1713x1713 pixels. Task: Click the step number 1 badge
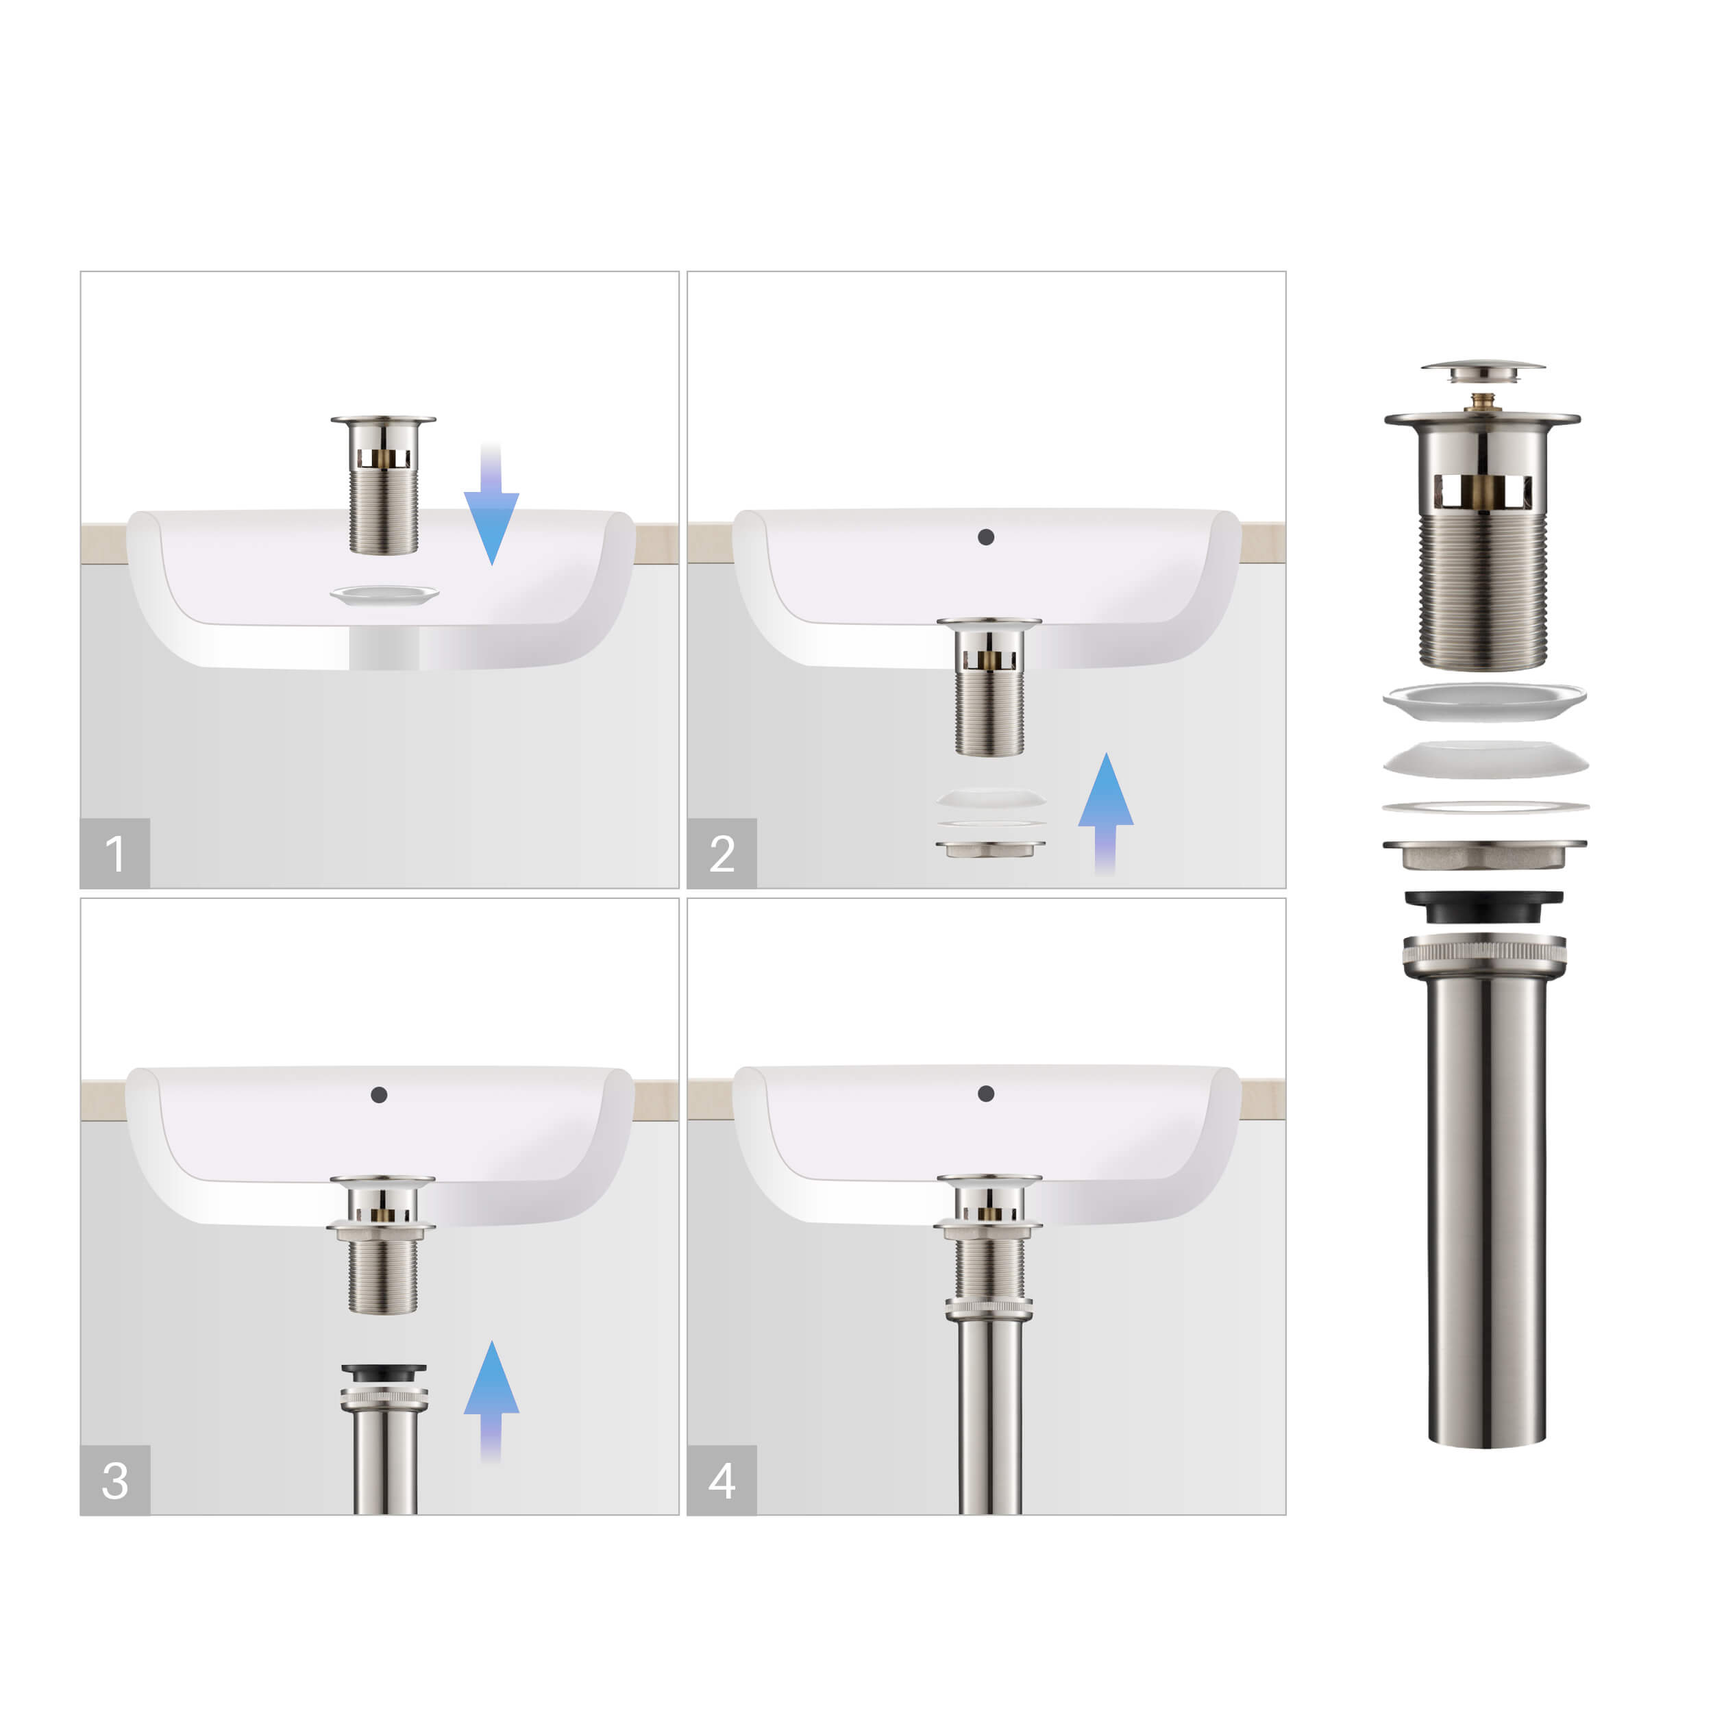tap(114, 853)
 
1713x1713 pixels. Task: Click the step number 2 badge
tap(722, 853)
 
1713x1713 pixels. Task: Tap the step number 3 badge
tap(114, 1480)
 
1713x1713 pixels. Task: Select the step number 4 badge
tap(722, 1480)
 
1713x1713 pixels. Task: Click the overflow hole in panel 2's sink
tap(986, 537)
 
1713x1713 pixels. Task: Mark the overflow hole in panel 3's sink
tap(379, 1095)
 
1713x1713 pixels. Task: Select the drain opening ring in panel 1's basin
tap(384, 595)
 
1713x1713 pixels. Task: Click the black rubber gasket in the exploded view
tap(1483, 908)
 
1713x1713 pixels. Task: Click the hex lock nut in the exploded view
tap(1484, 854)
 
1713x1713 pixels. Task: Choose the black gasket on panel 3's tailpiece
tap(384, 1372)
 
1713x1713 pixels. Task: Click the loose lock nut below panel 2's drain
tap(990, 848)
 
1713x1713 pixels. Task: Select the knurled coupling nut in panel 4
tap(989, 1309)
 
